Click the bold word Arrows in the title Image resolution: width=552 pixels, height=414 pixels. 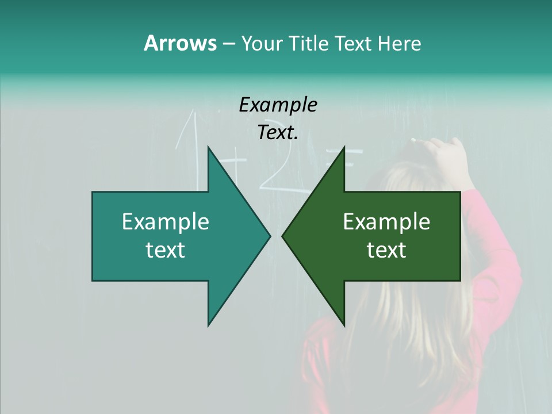(x=179, y=43)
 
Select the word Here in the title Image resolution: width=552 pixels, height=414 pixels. (x=400, y=43)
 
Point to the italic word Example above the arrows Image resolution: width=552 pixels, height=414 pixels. (x=278, y=105)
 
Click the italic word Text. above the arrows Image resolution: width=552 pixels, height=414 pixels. (x=278, y=132)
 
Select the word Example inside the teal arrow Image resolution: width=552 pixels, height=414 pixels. (x=166, y=222)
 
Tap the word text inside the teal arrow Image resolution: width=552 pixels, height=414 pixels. (x=166, y=250)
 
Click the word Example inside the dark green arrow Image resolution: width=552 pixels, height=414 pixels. (x=386, y=222)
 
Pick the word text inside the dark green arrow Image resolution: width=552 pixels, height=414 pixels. (x=386, y=250)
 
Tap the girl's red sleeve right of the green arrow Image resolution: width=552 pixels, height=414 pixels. (x=489, y=241)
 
